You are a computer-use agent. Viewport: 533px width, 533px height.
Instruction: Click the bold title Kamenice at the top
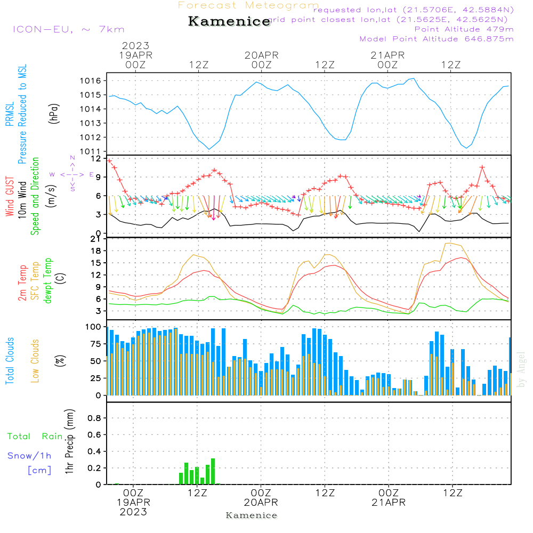229,22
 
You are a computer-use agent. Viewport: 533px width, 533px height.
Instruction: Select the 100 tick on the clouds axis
94,326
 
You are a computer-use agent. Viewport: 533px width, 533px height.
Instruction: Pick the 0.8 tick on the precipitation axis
94,418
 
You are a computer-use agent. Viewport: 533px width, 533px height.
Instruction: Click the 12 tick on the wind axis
96,159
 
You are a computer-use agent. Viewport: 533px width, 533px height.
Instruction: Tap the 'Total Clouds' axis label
10,361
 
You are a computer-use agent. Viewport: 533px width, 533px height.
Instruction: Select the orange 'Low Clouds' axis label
35,361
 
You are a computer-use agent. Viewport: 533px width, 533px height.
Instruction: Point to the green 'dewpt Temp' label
48,281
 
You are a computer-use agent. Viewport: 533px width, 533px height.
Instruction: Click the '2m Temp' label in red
22,281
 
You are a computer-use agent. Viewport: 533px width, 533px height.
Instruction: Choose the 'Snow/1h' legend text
29,456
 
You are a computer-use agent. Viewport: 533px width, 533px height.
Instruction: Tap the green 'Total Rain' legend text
35,437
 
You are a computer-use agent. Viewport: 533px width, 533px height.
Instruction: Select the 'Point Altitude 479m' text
464,29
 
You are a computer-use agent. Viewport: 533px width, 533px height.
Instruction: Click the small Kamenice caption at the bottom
252,515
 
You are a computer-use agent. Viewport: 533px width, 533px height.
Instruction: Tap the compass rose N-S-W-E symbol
72,174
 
